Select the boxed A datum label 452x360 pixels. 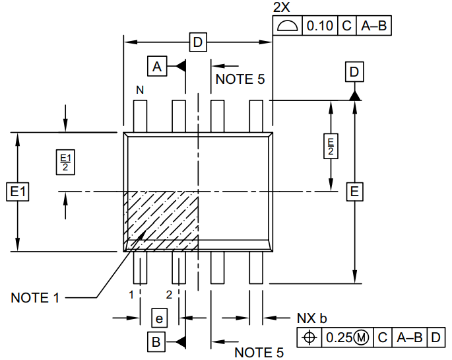tap(156, 66)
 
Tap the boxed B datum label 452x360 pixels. tap(156, 342)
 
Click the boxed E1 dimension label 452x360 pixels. tap(17, 192)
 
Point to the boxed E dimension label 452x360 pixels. tap(355, 192)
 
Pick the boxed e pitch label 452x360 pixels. tap(158, 318)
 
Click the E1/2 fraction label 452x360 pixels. tap(65, 161)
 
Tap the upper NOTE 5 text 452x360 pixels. tap(240, 79)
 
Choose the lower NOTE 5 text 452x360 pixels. tap(259, 352)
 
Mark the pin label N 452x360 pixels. tap(140, 89)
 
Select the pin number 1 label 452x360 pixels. tap(132, 293)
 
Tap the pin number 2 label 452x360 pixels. tap(169, 293)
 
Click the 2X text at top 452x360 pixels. tap(282, 7)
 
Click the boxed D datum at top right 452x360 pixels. tap(355, 71)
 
